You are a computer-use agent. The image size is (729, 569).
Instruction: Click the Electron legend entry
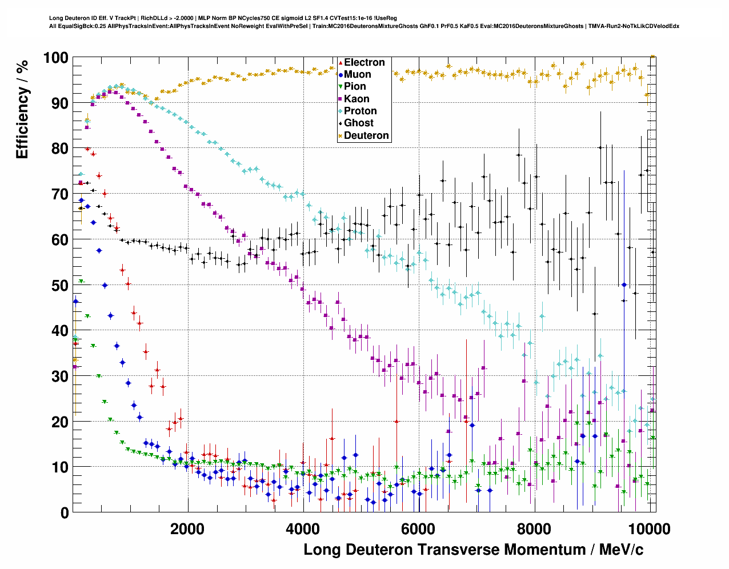coord(364,62)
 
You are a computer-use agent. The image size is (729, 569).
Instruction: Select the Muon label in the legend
coord(357,74)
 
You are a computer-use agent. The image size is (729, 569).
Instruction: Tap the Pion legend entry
coord(355,86)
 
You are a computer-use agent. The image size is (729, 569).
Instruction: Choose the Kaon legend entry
coord(357,99)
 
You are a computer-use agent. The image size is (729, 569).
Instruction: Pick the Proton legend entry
coord(360,111)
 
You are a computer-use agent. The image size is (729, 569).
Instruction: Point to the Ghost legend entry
coord(358,123)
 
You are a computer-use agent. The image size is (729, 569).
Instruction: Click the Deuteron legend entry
coord(366,135)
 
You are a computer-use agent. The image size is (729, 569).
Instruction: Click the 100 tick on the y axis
coord(55,58)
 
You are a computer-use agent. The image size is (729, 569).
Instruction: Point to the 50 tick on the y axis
coord(59,285)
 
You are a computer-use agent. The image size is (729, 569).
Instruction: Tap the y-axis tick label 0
coord(64,512)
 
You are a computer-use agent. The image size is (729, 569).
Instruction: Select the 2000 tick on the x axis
coord(187,528)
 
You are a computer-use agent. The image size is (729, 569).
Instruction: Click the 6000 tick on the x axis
coord(418,528)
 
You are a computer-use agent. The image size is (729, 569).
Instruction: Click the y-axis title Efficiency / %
coord(22,109)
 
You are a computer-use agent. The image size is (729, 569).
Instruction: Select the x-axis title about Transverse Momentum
coord(473,550)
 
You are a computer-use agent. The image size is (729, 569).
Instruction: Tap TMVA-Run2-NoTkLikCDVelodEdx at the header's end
coord(634,26)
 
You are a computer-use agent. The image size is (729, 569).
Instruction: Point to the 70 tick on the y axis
coord(59,194)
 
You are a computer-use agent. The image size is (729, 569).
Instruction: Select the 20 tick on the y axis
coord(59,422)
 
